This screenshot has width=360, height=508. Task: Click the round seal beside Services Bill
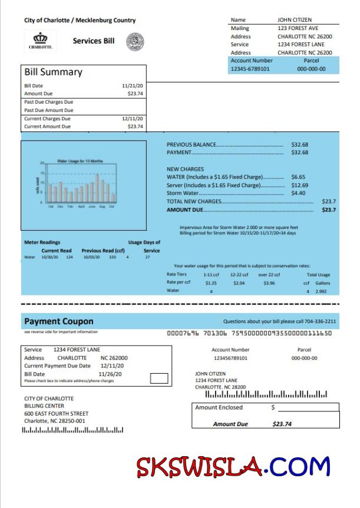[135, 41]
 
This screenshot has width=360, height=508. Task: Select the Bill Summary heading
[53, 72]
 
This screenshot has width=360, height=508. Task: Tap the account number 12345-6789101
[250, 69]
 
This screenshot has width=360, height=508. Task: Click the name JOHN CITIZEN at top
[295, 20]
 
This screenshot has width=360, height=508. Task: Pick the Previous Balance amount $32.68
[299, 144]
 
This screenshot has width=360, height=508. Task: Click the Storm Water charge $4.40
[298, 193]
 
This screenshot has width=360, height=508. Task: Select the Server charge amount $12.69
[299, 185]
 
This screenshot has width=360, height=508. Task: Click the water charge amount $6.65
[298, 177]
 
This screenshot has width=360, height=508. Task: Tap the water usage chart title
[80, 161]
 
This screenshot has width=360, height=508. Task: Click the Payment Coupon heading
[58, 321]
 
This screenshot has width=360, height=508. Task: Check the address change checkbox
[159, 378]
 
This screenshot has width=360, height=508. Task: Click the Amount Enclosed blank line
[308, 408]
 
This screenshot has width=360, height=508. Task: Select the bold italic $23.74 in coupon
[282, 424]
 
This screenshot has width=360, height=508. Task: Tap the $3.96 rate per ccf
[269, 283]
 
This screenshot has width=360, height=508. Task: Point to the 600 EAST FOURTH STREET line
[56, 413]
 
